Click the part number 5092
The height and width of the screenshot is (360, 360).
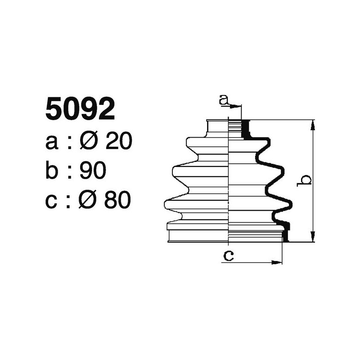pos(80,110)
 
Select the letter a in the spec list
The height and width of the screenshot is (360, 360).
pos(52,143)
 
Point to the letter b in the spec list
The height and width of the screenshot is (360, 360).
pos(53,171)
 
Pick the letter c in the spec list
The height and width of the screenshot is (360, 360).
pos(52,201)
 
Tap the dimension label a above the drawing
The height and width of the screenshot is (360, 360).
pos(224,100)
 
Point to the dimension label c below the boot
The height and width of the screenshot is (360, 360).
pos(228,256)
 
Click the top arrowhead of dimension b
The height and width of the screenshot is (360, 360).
pos(312,124)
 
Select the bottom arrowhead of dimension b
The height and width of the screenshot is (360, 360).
pos(312,238)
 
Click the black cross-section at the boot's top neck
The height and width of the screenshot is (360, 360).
pos(246,129)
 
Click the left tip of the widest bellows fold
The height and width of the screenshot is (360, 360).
pos(166,204)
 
